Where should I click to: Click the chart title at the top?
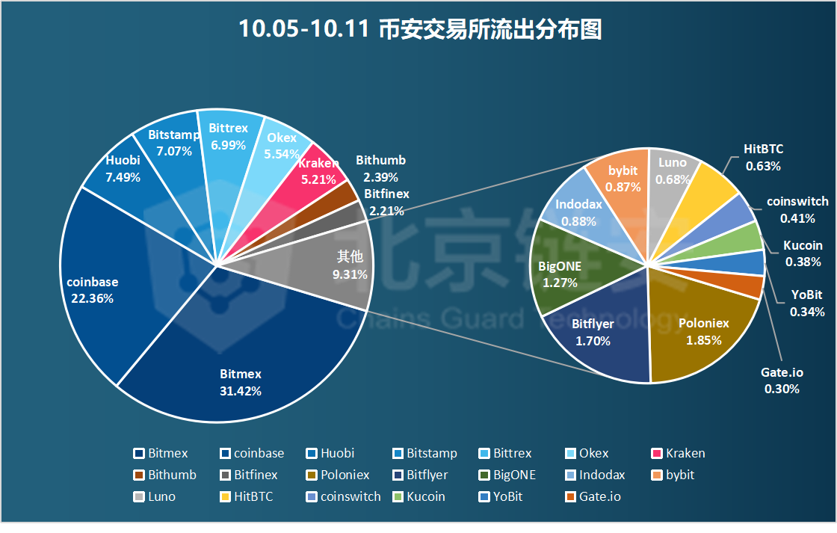tap(419, 30)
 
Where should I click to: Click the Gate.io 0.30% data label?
tap(782, 380)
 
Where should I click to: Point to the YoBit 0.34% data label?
tap(808, 304)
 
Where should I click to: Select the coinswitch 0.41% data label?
tap(797, 210)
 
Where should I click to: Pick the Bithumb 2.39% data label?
tap(381, 169)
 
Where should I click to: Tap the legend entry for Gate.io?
tap(594, 496)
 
